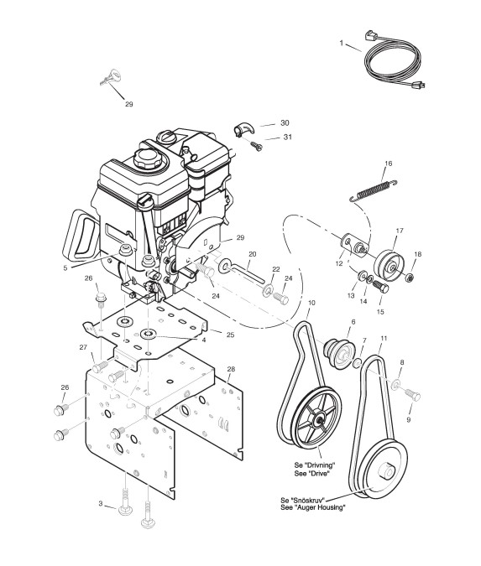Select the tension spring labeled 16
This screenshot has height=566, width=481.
point(374,190)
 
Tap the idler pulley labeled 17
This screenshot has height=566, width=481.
point(389,265)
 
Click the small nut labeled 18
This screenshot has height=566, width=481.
point(409,278)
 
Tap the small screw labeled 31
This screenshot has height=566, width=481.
point(256,146)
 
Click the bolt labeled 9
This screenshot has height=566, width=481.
point(412,394)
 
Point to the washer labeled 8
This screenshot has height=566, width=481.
point(396,385)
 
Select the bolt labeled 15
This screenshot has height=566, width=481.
point(379,286)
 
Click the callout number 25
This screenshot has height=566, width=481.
point(230,335)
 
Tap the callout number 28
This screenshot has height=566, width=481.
point(231,369)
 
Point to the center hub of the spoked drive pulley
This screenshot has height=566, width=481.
point(320,419)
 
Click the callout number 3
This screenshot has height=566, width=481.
point(101,503)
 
